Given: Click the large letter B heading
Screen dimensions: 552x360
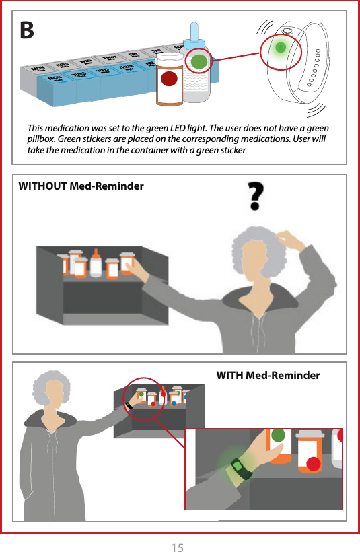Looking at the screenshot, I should (x=26, y=30).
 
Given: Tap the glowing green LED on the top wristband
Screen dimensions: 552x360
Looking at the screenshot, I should (x=281, y=48).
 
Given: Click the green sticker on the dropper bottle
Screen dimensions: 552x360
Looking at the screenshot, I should (x=199, y=61).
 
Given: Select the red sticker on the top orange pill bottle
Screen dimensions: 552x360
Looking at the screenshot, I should (x=170, y=79).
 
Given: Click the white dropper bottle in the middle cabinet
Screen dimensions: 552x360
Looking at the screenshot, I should (x=96, y=265).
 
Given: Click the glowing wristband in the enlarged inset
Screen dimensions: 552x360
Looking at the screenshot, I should (x=240, y=467).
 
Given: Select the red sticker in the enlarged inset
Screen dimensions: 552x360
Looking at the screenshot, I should (x=313, y=462).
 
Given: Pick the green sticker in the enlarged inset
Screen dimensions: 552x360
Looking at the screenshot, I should (x=278, y=436).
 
